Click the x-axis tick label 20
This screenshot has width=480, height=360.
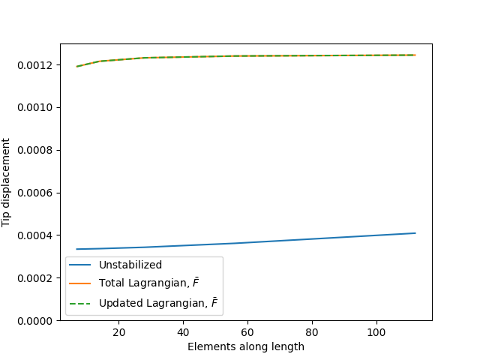tap(118, 331)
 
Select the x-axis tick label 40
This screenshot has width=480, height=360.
tap(183, 331)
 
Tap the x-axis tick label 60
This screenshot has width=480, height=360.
tap(247, 331)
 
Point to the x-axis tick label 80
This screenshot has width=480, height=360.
tap(312, 331)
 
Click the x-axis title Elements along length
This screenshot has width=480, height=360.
tap(246, 346)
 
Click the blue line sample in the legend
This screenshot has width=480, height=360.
tap(80, 265)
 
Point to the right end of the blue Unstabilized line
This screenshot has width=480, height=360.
tap(415, 233)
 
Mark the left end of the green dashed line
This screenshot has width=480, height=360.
tap(76, 67)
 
